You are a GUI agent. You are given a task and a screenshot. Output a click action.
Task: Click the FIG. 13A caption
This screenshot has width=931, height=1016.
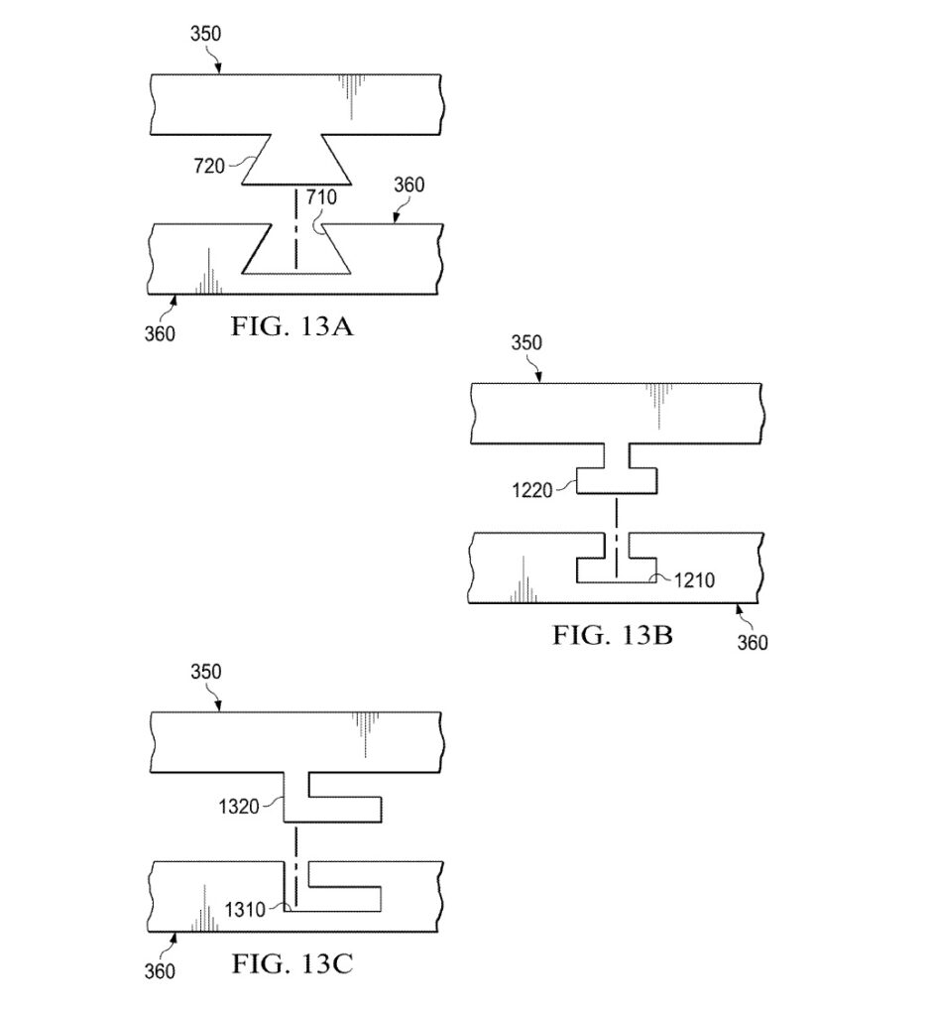(x=291, y=325)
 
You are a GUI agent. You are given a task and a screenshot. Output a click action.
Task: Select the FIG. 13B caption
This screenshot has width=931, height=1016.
(x=613, y=635)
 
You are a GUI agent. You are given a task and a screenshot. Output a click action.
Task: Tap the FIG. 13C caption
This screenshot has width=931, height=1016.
(x=292, y=964)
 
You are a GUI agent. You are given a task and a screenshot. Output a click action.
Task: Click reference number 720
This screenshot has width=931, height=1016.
(x=209, y=166)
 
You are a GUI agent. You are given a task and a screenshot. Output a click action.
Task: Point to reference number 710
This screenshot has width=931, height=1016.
(x=321, y=196)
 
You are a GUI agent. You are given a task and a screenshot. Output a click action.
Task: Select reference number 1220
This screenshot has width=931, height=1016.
(x=532, y=490)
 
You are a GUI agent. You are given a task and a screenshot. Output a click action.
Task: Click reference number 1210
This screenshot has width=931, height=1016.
(x=694, y=579)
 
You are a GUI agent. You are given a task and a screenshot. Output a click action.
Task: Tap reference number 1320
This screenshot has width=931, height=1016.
(x=239, y=807)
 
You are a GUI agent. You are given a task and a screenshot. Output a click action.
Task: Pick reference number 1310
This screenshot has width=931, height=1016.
(x=245, y=910)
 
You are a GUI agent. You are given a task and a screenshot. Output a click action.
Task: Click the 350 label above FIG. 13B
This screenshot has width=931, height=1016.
(x=526, y=342)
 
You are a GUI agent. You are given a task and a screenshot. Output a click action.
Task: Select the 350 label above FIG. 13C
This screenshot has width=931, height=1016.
(x=206, y=672)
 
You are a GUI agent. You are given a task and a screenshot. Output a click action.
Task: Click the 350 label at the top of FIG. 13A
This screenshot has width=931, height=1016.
(x=206, y=34)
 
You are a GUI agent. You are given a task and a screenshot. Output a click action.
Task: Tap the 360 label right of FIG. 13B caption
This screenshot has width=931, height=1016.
(x=753, y=643)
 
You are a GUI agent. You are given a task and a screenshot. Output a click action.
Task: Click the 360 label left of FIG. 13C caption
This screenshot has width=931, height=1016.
(x=160, y=971)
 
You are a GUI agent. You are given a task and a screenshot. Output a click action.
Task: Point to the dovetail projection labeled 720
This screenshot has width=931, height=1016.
(x=296, y=160)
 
